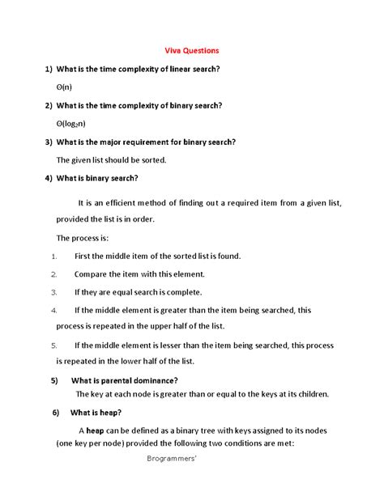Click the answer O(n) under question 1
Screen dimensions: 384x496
click(64, 87)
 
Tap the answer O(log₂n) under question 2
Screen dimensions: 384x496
click(73, 123)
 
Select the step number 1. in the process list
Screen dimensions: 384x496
click(53, 256)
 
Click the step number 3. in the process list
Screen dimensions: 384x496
click(53, 292)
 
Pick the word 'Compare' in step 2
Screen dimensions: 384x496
click(92, 274)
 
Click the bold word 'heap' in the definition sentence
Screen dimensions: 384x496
click(95, 431)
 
